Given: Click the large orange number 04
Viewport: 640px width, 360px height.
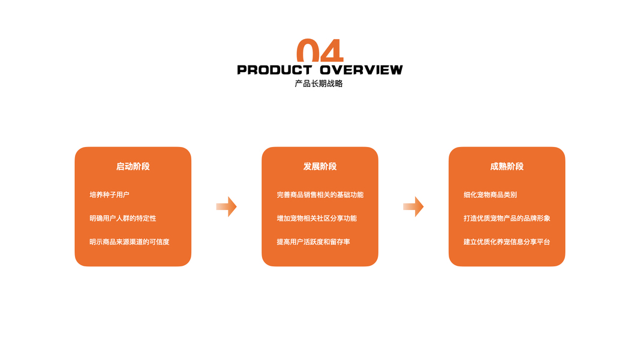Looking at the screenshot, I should coord(320,51).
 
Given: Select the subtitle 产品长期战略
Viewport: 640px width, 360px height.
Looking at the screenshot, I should coord(319,84).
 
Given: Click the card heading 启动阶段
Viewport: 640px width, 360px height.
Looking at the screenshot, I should coord(133,166).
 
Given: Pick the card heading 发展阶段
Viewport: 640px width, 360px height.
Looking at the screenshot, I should coord(320,166).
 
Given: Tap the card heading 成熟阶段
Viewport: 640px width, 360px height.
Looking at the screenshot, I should coord(507,166).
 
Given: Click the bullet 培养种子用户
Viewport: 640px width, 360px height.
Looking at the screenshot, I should coord(109,195).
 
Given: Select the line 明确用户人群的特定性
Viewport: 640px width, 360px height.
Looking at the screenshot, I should coord(122,218).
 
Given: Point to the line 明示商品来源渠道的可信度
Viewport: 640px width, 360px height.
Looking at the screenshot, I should coord(129,242).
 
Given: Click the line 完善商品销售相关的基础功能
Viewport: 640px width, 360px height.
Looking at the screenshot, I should coord(320,195).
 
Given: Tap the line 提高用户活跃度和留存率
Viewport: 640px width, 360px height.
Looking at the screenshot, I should coord(313,242).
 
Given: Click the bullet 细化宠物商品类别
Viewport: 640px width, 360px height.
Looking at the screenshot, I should coord(490,195).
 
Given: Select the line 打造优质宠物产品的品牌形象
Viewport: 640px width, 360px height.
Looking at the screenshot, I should coord(507,218).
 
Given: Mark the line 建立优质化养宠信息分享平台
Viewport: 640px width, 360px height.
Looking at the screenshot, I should coord(507,242).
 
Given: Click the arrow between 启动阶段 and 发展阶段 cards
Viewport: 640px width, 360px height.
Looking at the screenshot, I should coord(226,206).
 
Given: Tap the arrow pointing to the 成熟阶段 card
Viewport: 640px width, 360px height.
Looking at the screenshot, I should coord(413,206).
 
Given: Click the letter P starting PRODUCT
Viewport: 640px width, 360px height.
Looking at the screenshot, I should coord(242,70).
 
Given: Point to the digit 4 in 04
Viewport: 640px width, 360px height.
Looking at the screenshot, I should coord(332,51).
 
